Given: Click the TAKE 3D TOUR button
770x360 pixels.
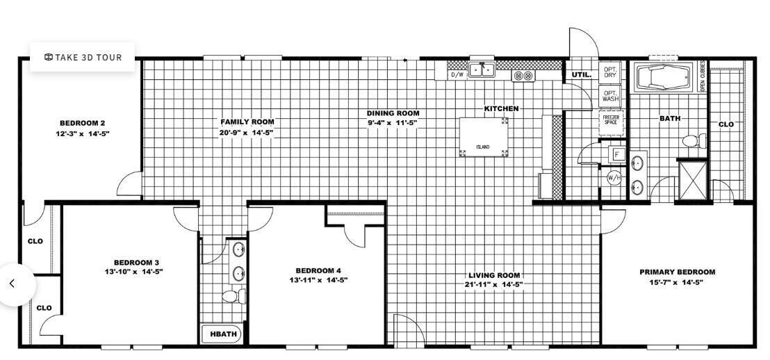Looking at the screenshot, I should [x=83, y=58].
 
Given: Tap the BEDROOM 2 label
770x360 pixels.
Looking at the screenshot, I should [x=82, y=123].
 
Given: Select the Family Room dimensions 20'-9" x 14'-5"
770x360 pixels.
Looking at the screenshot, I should [x=247, y=132].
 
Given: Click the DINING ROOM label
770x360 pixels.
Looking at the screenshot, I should [x=393, y=113].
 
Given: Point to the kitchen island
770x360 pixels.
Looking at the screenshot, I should [x=483, y=137].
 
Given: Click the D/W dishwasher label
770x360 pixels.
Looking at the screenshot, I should [x=457, y=74].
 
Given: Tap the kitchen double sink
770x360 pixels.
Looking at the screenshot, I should [x=481, y=69].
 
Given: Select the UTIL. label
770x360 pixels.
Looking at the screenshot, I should [x=581, y=74].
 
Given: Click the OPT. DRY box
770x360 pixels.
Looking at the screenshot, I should [x=609, y=72].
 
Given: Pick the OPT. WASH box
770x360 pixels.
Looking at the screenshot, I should [x=609, y=96].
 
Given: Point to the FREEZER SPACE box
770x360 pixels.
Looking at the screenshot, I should [x=610, y=120].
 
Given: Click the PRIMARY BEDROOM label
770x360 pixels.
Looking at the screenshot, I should [x=677, y=272].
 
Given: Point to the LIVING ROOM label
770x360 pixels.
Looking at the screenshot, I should [x=493, y=275].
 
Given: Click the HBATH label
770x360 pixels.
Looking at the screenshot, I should [x=223, y=334].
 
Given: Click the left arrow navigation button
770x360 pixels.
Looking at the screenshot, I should [x=12, y=284].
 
